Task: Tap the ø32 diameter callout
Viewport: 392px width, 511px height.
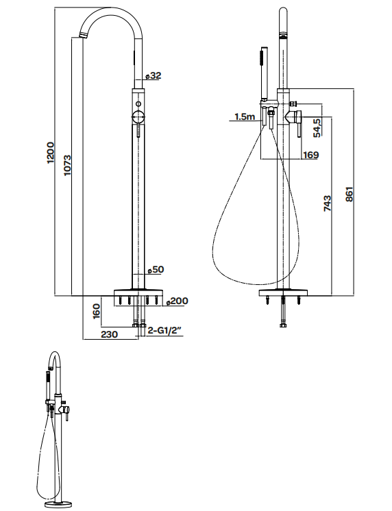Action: [154, 75]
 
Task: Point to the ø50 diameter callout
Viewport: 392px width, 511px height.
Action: [156, 269]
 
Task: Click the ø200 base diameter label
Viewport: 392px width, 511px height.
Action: [177, 301]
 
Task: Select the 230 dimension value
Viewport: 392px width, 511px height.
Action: [109, 334]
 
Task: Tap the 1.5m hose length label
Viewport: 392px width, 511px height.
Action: [244, 117]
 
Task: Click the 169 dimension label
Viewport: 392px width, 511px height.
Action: [310, 155]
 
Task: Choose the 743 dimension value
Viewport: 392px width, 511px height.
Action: [327, 205]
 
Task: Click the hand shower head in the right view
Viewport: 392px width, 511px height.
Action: [262, 68]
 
